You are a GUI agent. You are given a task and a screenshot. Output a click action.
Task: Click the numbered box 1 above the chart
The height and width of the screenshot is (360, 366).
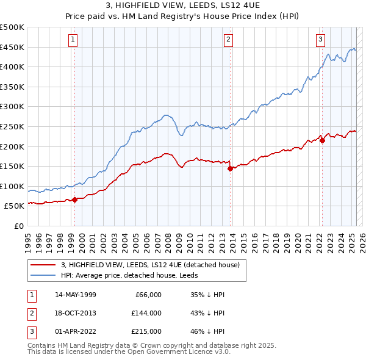pyautogui.click(x=73, y=40)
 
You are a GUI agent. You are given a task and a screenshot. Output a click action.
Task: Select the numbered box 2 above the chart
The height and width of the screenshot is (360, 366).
pyautogui.click(x=228, y=40)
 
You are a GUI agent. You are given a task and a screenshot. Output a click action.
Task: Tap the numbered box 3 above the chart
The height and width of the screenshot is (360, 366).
pyautogui.click(x=320, y=40)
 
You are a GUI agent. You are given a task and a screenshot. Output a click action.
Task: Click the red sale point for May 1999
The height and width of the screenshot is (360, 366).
pyautogui.click(x=74, y=200)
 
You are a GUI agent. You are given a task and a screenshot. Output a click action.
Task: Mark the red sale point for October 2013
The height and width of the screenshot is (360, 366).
pyautogui.click(x=230, y=169)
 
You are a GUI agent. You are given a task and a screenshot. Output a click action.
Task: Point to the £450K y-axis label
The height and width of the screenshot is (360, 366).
pyautogui.click(x=12, y=47)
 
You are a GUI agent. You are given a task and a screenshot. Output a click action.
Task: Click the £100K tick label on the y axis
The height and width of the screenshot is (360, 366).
pyautogui.click(x=12, y=186)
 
